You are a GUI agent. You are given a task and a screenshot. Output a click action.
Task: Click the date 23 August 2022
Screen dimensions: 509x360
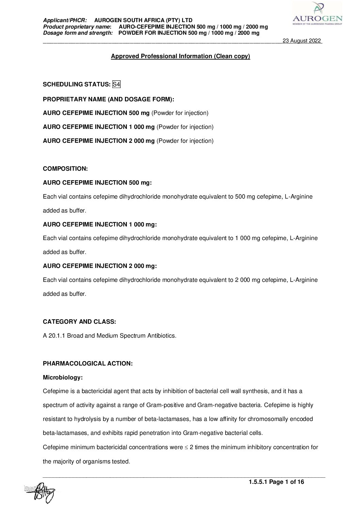(x=302, y=41)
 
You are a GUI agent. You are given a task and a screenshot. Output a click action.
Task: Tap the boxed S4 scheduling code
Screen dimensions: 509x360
(x=116, y=84)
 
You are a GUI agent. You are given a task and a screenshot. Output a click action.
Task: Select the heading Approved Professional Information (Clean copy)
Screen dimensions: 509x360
(x=180, y=56)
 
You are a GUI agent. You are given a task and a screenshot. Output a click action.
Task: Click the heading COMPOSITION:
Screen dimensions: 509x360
(x=65, y=169)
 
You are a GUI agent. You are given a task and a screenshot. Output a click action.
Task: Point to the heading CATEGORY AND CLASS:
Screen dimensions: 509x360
(x=79, y=322)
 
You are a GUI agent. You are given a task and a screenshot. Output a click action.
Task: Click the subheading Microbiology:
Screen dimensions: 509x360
(x=63, y=377)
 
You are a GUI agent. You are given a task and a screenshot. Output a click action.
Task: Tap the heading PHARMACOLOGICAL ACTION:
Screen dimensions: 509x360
(x=88, y=363)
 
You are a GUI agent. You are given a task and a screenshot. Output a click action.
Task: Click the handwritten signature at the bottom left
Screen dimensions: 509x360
(x=43, y=492)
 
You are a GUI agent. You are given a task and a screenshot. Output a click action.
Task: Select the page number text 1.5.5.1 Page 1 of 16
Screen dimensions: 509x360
(x=276, y=482)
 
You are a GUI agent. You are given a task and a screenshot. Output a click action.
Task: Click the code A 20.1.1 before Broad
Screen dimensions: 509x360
(x=54, y=336)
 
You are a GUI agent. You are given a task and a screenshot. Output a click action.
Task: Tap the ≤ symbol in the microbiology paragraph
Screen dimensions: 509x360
(x=186, y=447)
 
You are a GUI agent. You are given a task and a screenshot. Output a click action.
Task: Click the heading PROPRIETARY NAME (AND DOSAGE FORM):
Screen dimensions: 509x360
(x=109, y=99)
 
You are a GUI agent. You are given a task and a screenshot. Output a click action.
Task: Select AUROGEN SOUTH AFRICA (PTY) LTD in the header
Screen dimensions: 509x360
(x=143, y=20)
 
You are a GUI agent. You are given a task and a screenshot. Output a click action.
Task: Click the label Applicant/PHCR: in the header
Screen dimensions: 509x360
(x=65, y=20)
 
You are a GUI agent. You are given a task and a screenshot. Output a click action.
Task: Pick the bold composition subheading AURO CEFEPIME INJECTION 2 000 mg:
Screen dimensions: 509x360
(x=100, y=266)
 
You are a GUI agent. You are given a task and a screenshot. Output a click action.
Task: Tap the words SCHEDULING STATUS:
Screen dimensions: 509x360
(x=77, y=84)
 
